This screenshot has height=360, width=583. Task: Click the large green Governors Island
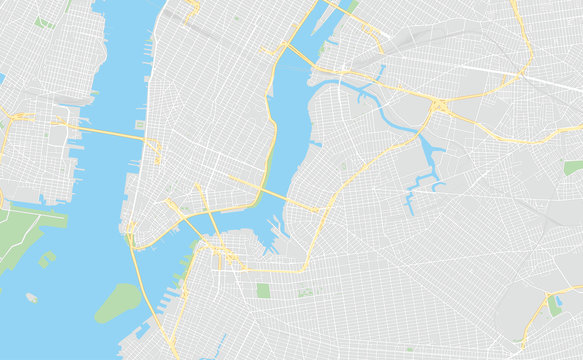[118, 302]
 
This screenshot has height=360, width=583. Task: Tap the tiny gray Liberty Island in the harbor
[32, 297]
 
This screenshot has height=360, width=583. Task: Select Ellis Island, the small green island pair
[46, 260]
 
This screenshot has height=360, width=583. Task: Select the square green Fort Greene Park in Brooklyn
[263, 290]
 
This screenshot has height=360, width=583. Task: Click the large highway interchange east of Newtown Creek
[440, 105]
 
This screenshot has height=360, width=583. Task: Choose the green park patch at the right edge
[573, 167]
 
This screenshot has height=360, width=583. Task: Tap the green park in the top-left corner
[44, 21]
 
